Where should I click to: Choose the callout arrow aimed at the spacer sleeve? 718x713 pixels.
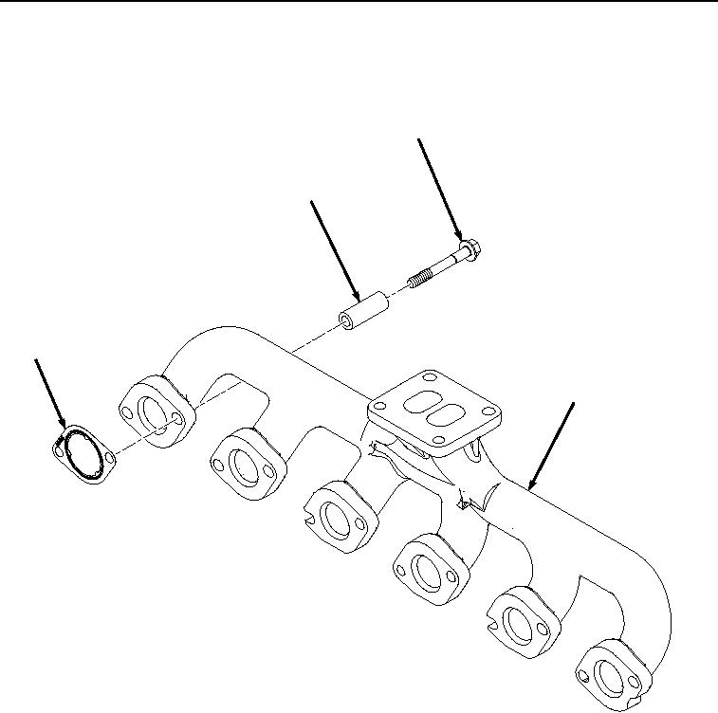pos(335,250)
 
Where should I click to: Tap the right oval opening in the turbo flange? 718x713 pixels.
pos(441,418)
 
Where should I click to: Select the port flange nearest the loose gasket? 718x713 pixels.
pos(156,411)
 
